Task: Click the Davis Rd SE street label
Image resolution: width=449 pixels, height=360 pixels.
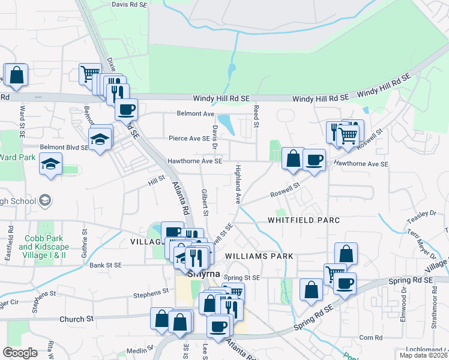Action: click(129, 4)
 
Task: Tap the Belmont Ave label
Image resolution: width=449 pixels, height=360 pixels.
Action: click(195, 113)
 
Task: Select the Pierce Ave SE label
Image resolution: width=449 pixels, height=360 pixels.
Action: click(189, 137)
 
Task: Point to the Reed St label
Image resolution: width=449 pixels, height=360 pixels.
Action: click(256, 116)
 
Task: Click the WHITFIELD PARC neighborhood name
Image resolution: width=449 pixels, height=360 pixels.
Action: click(304, 220)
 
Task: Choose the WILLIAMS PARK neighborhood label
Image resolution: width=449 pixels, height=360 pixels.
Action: click(259, 256)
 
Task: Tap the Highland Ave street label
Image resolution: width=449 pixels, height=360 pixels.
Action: click(238, 184)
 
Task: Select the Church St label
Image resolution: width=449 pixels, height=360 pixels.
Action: click(76, 319)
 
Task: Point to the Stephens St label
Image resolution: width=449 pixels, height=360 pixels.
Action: click(151, 293)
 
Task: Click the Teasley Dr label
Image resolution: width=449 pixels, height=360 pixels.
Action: click(424, 213)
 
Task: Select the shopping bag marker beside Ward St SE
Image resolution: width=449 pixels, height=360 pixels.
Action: click(16, 76)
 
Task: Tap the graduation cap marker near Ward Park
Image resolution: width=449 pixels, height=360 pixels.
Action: click(51, 164)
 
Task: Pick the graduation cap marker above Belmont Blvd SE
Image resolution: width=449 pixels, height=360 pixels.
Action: click(100, 139)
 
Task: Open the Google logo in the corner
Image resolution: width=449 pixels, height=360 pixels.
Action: click(20, 352)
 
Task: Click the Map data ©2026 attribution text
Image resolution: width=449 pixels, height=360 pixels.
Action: click(423, 355)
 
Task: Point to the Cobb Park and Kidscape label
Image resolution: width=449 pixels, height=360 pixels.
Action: click(43, 242)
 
